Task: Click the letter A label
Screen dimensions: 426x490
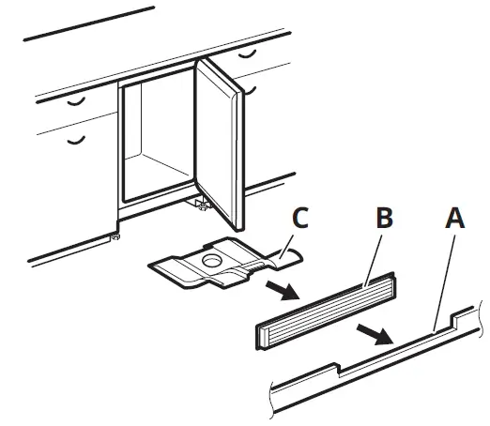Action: coord(453,219)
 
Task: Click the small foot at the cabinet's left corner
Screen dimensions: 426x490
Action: coord(115,237)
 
